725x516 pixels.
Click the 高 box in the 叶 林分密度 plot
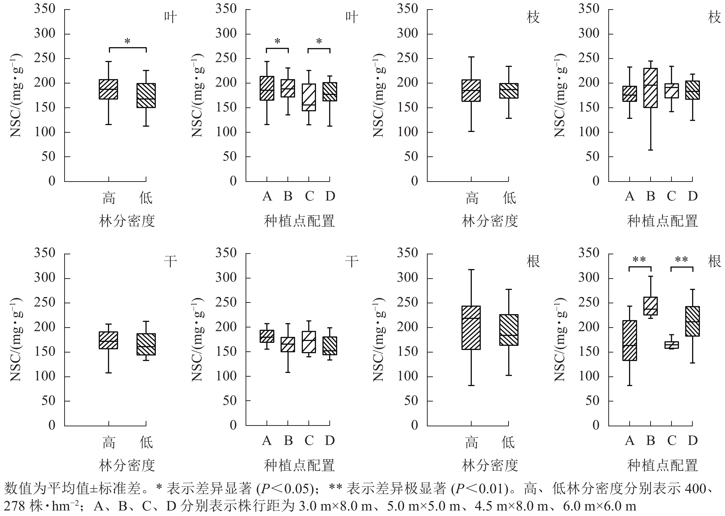(x=108, y=89)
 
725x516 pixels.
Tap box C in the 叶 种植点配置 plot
(x=308, y=97)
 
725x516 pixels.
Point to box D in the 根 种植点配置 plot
(x=692, y=321)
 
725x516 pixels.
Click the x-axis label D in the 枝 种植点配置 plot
(x=693, y=196)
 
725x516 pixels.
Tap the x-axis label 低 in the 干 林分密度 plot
(x=146, y=442)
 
